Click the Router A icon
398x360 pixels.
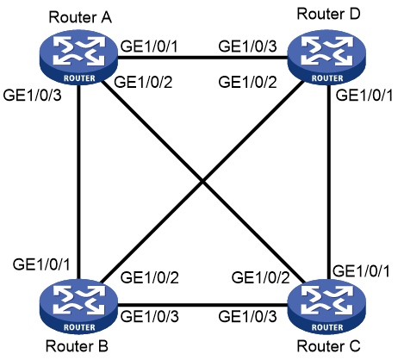pos(78,58)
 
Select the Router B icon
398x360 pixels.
pos(78,307)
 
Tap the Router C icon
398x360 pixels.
pos(326,307)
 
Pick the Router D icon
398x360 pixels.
pos(326,58)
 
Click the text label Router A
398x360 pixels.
pos(80,17)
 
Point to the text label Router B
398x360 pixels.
pos(77,346)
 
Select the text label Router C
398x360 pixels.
pos(328,346)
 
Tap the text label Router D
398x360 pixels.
pos(328,14)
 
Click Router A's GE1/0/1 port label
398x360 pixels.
pos(149,46)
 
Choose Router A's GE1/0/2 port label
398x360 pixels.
pos(143,82)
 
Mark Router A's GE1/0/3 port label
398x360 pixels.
pos(32,95)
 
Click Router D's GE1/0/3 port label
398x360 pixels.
pos(247,46)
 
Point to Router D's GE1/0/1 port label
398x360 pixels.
pos(364,95)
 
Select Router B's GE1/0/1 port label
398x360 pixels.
pos(41,264)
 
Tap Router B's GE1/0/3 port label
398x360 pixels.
pos(150,317)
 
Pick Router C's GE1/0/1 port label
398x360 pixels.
pos(361,271)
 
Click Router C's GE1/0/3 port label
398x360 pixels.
pos(247,317)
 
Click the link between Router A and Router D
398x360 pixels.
pos(202,58)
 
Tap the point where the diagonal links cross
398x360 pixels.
pos(202,182)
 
